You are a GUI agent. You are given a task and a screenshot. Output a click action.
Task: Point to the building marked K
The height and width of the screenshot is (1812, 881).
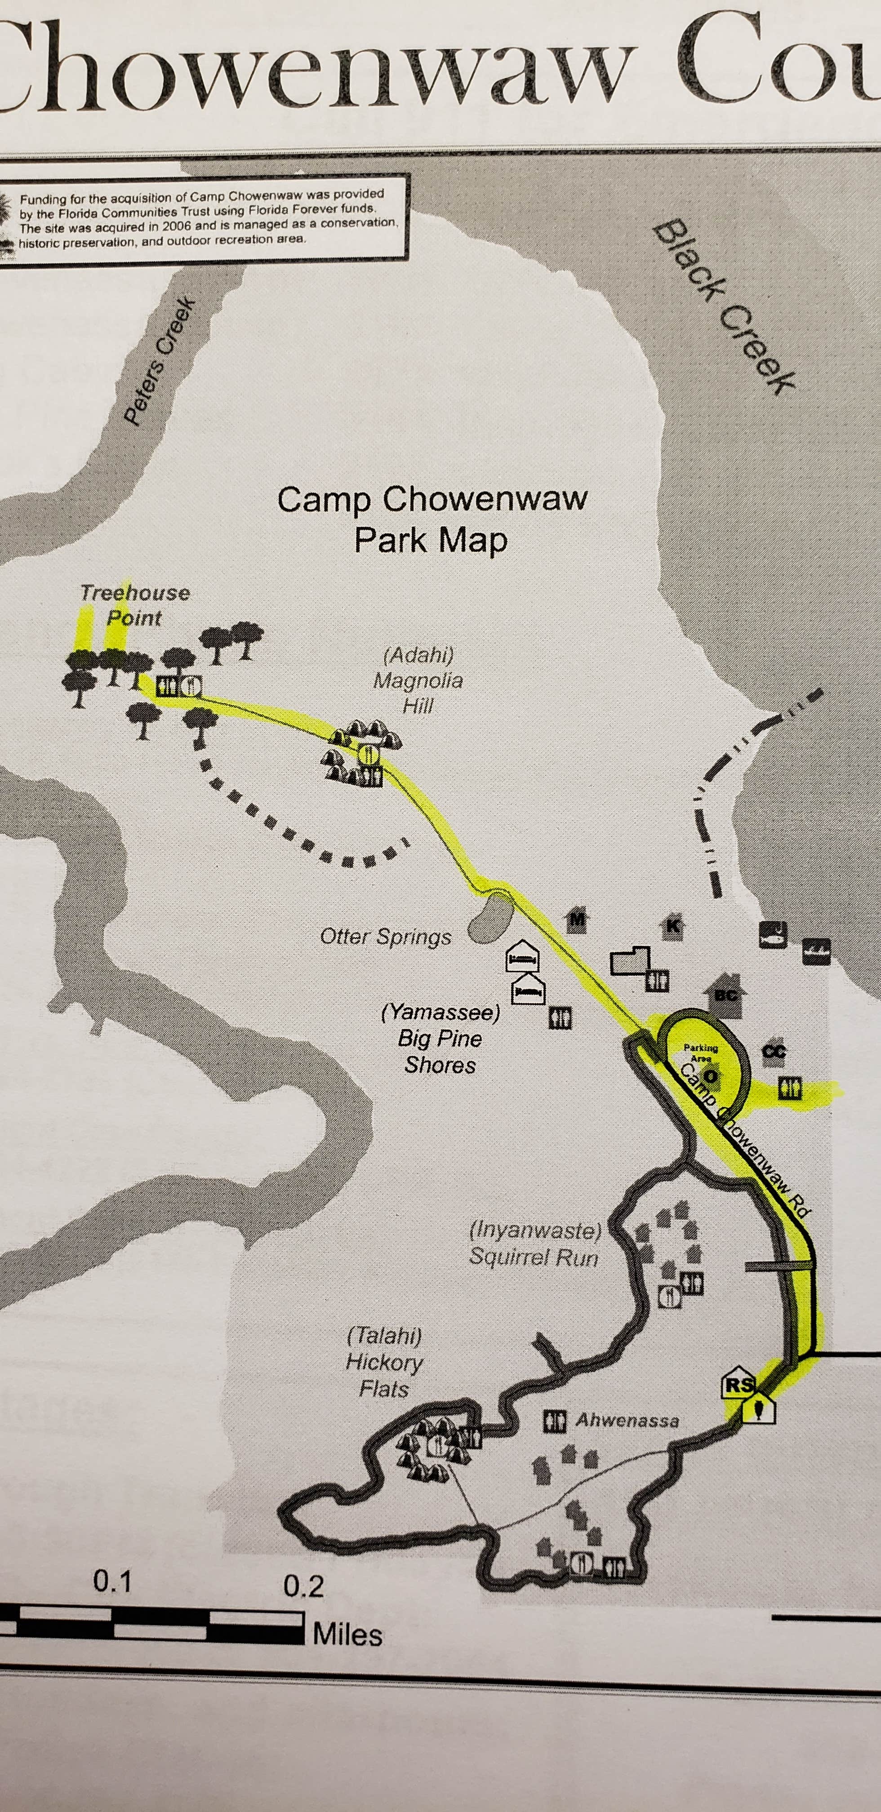[x=673, y=926]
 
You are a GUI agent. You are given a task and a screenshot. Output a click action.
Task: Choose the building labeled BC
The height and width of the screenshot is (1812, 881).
[x=724, y=995]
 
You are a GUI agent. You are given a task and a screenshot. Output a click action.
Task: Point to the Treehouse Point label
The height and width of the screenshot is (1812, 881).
[x=134, y=605]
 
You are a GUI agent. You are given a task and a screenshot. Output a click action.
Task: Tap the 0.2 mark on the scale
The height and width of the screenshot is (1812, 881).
[x=303, y=1586]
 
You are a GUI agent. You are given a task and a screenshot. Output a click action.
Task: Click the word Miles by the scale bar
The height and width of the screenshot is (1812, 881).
[x=347, y=1634]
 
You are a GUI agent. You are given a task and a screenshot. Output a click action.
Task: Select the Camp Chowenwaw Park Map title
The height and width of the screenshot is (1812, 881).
[x=432, y=519]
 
